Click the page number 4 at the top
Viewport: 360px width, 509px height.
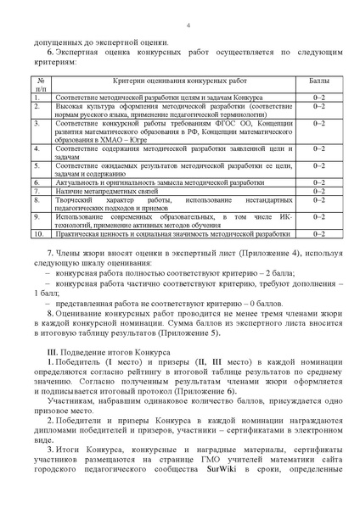[x=186, y=25]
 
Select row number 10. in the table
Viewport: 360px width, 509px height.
[x=38, y=232]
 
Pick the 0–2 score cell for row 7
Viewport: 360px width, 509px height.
[x=318, y=192]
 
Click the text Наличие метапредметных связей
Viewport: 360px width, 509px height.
[x=108, y=192]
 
